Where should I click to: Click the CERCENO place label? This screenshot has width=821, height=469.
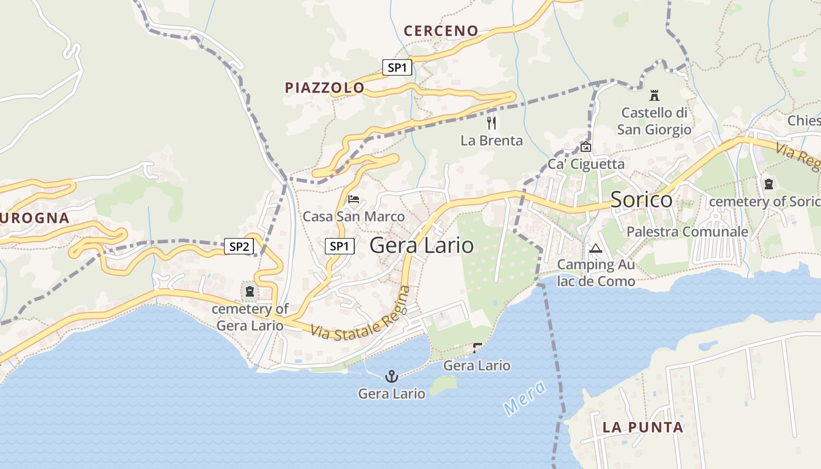tap(441, 31)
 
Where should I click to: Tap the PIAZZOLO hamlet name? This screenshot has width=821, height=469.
tap(325, 88)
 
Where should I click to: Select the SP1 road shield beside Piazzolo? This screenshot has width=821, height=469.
tap(397, 67)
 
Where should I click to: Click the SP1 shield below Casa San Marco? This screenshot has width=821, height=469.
tap(340, 246)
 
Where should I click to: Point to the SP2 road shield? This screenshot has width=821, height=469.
tap(239, 246)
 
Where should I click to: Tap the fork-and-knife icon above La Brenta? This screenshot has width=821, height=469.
tap(491, 123)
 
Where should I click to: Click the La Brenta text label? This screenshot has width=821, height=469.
tap(491, 141)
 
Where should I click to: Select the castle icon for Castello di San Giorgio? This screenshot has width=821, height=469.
tap(654, 96)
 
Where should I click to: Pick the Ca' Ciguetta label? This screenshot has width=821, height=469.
tap(586, 164)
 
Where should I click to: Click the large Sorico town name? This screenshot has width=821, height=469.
tap(642, 200)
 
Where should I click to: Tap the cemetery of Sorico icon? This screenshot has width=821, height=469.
tap(768, 184)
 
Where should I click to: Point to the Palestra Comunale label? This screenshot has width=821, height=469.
tap(687, 232)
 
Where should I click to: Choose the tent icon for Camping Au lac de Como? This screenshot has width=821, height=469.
tap(596, 248)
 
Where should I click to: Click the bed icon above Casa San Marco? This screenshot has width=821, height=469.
tap(354, 199)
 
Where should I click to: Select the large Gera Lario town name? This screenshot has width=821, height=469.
tap(422, 245)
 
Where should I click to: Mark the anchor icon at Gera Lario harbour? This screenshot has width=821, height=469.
tap(392, 376)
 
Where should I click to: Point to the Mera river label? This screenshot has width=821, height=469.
tap(524, 399)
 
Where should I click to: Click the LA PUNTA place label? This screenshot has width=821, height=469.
tap(643, 427)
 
